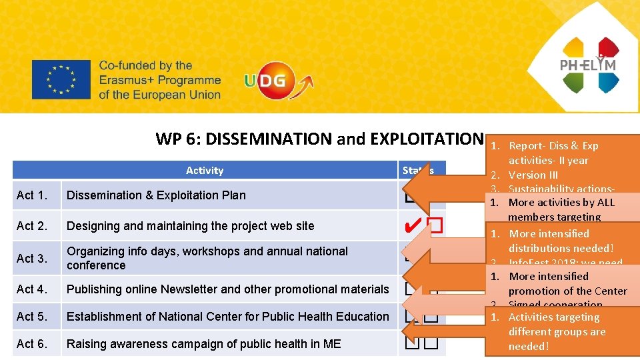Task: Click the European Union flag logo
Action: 61,79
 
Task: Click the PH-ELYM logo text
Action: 587,65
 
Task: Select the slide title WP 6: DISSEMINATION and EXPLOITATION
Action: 319,139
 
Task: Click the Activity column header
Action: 205,171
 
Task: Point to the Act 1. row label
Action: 32,195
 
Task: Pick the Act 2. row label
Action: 32,226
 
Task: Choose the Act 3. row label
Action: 32,258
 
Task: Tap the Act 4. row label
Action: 32,289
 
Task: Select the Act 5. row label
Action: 32,317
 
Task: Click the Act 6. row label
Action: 32,344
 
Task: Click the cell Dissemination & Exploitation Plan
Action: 156,195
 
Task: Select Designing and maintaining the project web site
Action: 190,226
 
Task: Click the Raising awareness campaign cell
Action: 203,344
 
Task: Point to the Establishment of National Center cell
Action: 227,317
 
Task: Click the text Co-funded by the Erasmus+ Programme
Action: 159,80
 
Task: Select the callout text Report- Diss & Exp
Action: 553,146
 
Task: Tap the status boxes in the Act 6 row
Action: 421,344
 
